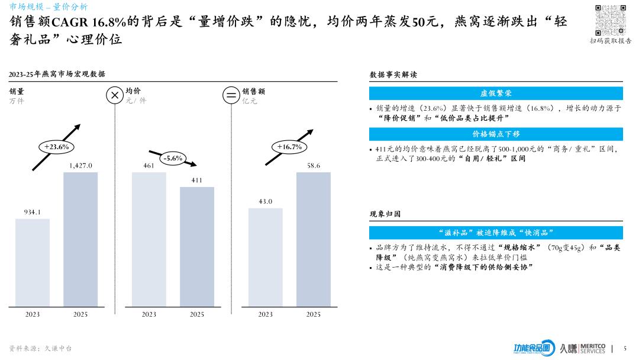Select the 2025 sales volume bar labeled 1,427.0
(x=80, y=239)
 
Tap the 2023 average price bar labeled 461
(x=149, y=239)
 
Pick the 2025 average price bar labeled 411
(x=197, y=247)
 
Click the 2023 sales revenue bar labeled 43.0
(x=266, y=257)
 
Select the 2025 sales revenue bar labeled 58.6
(x=314, y=239)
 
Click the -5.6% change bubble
(x=173, y=158)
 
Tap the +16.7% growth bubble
(x=289, y=146)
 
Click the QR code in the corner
(x=610, y=20)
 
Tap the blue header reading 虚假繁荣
(x=496, y=94)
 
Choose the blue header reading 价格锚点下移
(x=496, y=134)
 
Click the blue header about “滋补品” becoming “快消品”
(x=496, y=233)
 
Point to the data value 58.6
(x=314, y=166)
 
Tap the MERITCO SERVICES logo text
(x=593, y=348)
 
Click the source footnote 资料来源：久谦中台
(x=40, y=348)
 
